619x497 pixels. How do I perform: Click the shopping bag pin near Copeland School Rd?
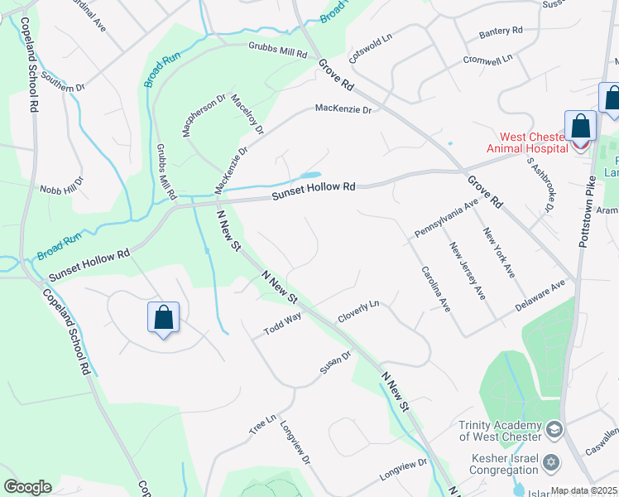(x=164, y=318)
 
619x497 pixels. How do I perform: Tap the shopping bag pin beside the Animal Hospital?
(x=581, y=128)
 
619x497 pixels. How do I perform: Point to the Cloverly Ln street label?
(x=357, y=311)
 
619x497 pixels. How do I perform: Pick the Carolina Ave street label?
(x=435, y=288)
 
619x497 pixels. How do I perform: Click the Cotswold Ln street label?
(x=370, y=55)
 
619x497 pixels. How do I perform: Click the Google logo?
(x=27, y=487)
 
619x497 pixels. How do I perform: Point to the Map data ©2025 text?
(x=584, y=490)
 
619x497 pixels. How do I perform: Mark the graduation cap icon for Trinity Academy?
(x=554, y=431)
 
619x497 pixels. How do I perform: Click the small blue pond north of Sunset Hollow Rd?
(x=310, y=176)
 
